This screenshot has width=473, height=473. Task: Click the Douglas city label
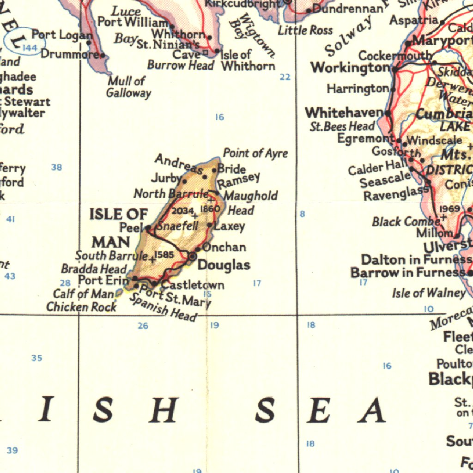(x=224, y=265)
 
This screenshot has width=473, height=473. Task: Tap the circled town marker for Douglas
(x=192, y=256)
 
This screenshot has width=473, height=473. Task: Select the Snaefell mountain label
(x=178, y=226)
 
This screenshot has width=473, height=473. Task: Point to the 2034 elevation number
(x=183, y=211)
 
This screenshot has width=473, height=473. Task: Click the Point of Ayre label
(x=255, y=153)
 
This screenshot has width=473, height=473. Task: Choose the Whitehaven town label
(x=344, y=113)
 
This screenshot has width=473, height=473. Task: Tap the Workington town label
(x=351, y=68)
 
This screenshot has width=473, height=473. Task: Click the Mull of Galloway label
(x=128, y=87)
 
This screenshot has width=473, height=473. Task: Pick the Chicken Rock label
(x=81, y=306)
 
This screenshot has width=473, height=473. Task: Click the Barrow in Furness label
(x=407, y=273)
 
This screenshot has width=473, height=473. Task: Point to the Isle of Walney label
(x=429, y=293)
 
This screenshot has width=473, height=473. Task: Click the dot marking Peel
(x=148, y=228)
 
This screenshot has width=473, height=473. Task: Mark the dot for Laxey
(x=210, y=225)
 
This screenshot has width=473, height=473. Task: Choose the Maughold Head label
(x=250, y=203)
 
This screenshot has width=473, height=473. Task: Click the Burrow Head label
(x=181, y=66)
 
